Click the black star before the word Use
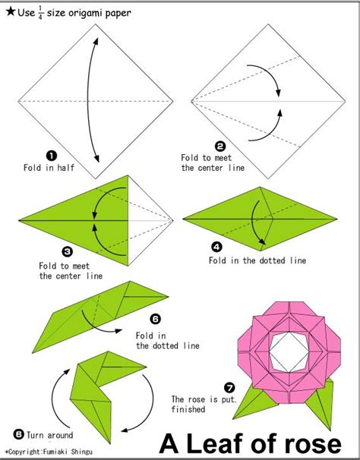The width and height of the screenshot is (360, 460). [x=11, y=11]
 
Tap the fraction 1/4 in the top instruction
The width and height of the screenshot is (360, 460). [x=40, y=14]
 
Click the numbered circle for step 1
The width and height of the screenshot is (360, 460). [x=52, y=156]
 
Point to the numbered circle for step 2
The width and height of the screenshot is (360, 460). [x=220, y=146]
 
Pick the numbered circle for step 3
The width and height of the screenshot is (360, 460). [x=68, y=251]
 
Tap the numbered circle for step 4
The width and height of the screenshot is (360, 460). [x=216, y=247]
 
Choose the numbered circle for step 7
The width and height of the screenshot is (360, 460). [x=229, y=388]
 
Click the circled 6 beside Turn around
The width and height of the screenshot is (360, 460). [x=19, y=434]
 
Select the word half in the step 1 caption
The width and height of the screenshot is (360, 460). [x=65, y=168]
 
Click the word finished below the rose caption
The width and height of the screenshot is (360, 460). [x=188, y=409]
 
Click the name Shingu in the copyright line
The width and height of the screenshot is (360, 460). [x=82, y=452]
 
